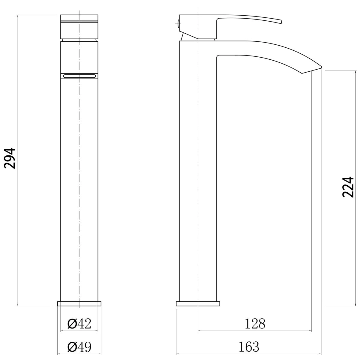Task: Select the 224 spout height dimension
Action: point(348,187)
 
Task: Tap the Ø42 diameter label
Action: point(79,324)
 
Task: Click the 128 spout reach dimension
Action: point(255,324)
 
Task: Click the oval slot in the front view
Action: point(79,76)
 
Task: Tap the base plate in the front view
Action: point(79,304)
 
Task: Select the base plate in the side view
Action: point(198,304)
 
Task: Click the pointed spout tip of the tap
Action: point(321,67)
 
